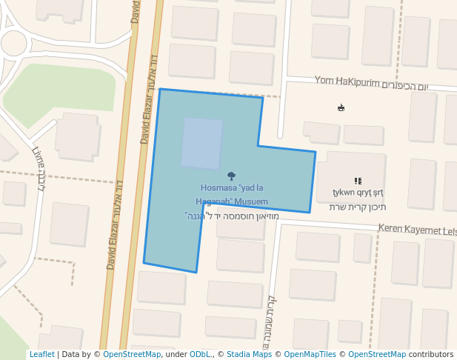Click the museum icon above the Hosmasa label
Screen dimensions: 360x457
point(232,176)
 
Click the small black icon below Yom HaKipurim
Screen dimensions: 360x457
point(341,108)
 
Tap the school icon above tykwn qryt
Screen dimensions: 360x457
point(358,181)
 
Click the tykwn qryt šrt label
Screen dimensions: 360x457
point(358,193)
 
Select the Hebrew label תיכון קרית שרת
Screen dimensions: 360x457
point(358,207)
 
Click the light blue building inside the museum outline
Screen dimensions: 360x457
point(201,143)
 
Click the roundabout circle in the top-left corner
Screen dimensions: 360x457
point(13,43)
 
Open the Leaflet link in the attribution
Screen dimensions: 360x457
point(41,355)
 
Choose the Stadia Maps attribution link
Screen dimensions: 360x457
point(249,355)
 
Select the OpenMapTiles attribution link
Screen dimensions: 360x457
point(311,355)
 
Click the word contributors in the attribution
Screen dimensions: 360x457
point(430,355)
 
